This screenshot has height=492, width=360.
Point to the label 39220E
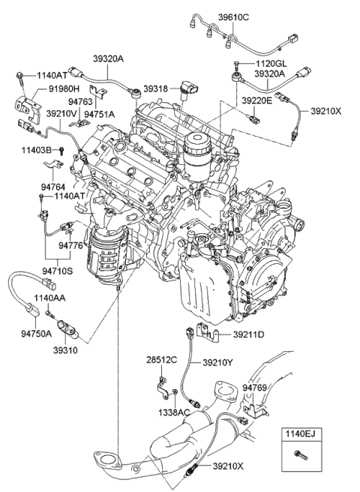point(256,99)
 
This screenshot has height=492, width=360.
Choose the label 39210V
point(61,113)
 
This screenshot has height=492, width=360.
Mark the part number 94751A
point(99,114)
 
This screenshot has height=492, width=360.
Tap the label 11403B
point(34,151)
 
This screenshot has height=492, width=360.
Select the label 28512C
point(161,361)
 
